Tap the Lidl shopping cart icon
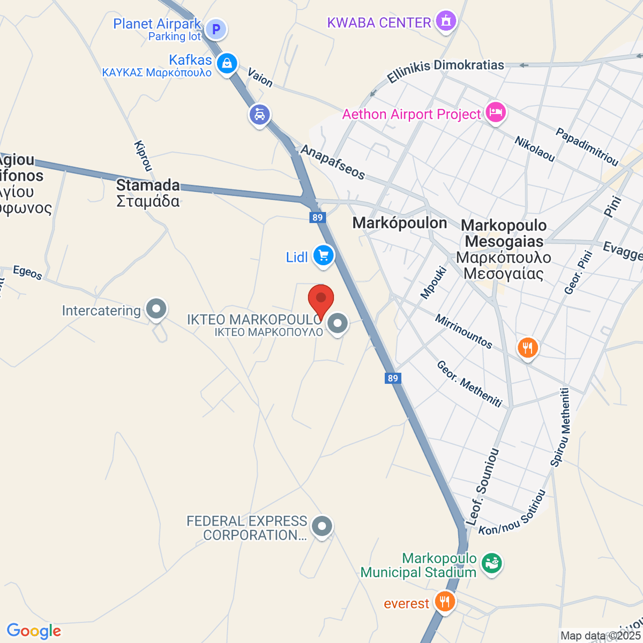click(x=323, y=256)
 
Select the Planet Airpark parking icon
click(x=216, y=29)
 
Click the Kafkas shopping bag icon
click(x=227, y=63)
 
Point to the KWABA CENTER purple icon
click(x=445, y=21)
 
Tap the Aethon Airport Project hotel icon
click(x=495, y=113)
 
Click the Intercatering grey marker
click(x=156, y=309)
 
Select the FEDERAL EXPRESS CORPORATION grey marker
click(x=322, y=527)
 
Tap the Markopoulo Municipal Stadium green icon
click(x=491, y=563)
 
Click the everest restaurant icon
click(x=444, y=601)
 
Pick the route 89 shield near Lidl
click(x=318, y=217)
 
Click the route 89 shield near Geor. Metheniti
click(x=393, y=378)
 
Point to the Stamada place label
click(x=148, y=185)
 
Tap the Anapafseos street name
click(x=333, y=162)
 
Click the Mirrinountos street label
click(x=463, y=331)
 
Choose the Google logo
click(x=34, y=631)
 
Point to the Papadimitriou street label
click(x=587, y=146)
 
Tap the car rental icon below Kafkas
click(x=260, y=115)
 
